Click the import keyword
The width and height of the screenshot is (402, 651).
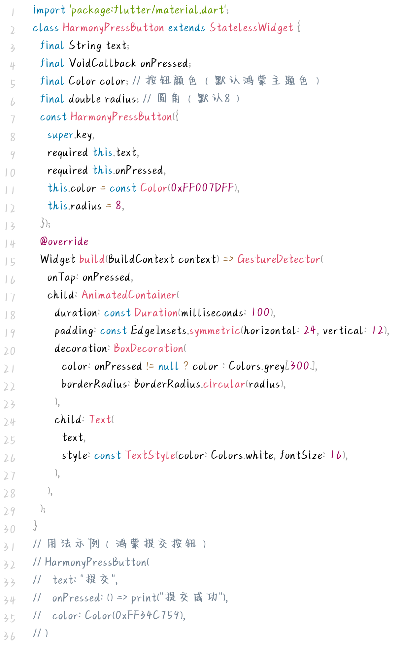[x=49, y=10]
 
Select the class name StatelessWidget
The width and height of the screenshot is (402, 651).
[x=251, y=28]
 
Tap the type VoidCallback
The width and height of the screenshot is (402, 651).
[x=102, y=63]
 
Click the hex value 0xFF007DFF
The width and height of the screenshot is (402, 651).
[x=202, y=188]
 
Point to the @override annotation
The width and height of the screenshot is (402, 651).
[x=64, y=242]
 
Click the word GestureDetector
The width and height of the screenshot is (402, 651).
[x=279, y=259]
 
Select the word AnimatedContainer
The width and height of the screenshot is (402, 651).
[x=129, y=295]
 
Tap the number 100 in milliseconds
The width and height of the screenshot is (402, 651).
[x=260, y=312]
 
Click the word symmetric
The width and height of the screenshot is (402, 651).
[x=215, y=330]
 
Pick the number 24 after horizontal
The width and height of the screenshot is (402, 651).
[x=310, y=330]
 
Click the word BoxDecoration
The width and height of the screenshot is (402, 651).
[x=149, y=348]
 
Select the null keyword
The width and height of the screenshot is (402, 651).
[x=168, y=366]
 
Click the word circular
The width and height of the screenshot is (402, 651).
[x=224, y=384]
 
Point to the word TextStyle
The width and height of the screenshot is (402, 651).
[x=150, y=455]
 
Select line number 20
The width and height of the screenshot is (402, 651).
[x=10, y=351]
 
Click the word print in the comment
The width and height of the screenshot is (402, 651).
[x=143, y=598]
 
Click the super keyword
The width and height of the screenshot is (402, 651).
[x=60, y=135]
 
